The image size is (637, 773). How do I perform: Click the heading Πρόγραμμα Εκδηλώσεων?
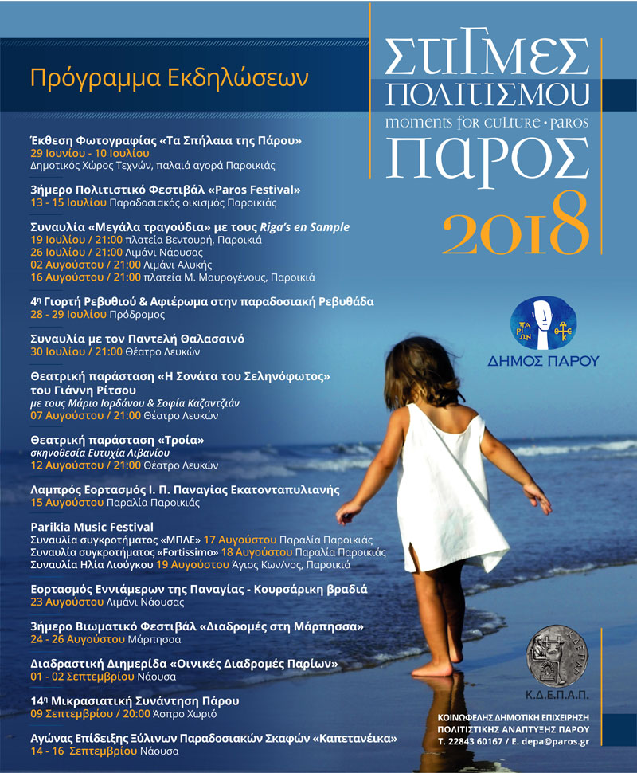click(x=168, y=79)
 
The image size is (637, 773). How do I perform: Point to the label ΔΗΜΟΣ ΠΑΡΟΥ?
click(x=543, y=361)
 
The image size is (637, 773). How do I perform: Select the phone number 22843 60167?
click(x=483, y=741)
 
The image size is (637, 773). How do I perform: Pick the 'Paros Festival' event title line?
click(x=166, y=190)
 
